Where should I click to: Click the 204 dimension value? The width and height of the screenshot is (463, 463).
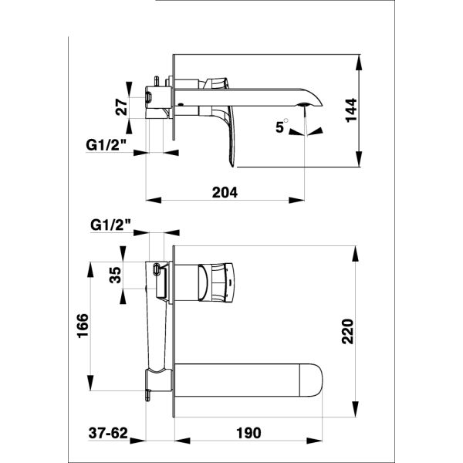(225, 192)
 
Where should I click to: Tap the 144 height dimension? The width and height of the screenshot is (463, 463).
(351, 110)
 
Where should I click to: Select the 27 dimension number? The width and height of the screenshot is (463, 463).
(121, 106)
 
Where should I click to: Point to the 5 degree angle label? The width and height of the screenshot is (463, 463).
(281, 126)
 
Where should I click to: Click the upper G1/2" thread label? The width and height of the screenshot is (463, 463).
(106, 145)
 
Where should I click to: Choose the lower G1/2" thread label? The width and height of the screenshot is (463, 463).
(110, 225)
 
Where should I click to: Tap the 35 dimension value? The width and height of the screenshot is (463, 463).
(115, 275)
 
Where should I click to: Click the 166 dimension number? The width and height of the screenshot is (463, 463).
(83, 326)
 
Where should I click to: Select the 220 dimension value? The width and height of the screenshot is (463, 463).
(347, 331)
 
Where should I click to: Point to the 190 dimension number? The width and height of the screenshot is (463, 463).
(248, 433)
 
